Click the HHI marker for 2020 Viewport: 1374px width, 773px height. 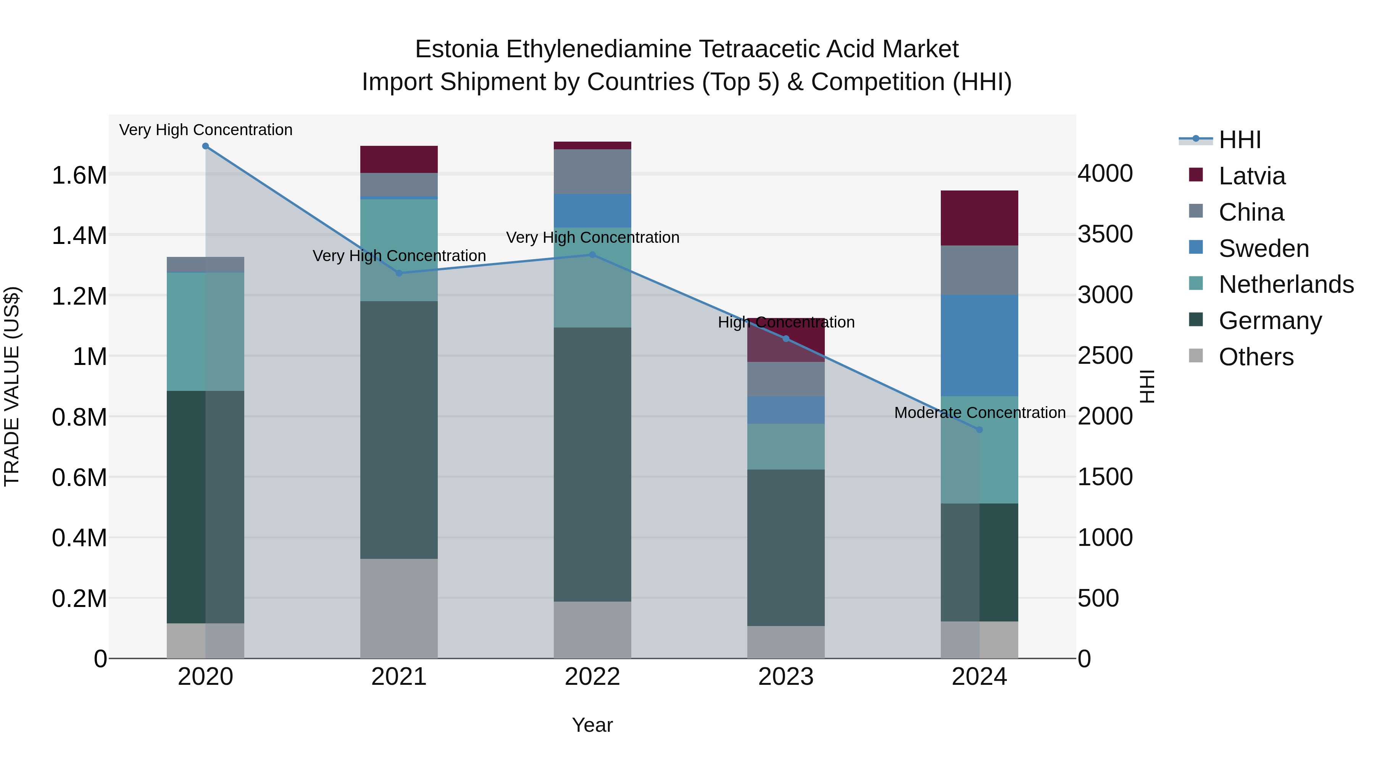tap(205, 146)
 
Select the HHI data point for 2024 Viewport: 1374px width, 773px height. tap(979, 429)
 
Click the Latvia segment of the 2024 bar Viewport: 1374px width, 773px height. tap(979, 218)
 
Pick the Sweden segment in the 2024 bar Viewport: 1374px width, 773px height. tap(979, 345)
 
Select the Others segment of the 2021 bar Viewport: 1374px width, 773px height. tap(399, 608)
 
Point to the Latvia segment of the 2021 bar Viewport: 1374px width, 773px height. tap(399, 159)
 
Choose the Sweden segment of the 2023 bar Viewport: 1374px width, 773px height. tap(786, 410)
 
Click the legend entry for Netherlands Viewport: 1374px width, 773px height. tap(1286, 284)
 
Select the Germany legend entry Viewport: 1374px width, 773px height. tap(1270, 321)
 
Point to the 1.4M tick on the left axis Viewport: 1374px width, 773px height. tap(79, 235)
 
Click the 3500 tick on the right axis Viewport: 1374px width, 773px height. tap(1105, 234)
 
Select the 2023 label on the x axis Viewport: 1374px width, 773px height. tap(786, 677)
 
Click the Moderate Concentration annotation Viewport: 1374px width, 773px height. tap(980, 412)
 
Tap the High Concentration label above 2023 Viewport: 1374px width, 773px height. tap(786, 322)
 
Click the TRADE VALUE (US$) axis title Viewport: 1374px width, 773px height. tap(12, 386)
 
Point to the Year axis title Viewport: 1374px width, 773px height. tap(592, 725)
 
